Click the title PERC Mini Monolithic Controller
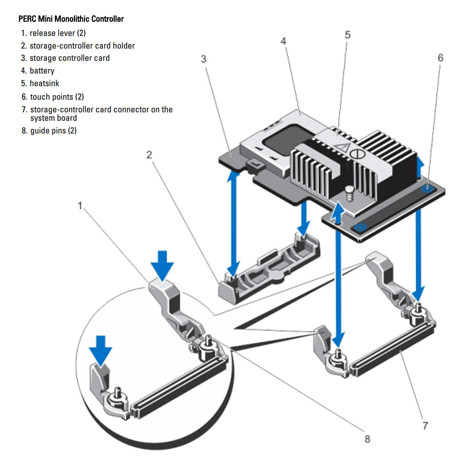coord(71,19)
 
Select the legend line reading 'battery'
coord(42,71)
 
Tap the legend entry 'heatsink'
coord(44,84)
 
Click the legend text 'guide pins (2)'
coord(53,131)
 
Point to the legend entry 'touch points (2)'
coord(57,97)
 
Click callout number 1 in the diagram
coord(80,206)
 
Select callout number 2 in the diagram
coord(149,155)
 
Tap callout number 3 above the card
coord(204,59)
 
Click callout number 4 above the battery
coord(283,41)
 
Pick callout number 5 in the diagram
coord(347,35)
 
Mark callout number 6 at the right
coord(440,58)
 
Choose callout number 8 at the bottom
coord(367,439)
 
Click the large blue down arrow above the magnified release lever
coord(163,264)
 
